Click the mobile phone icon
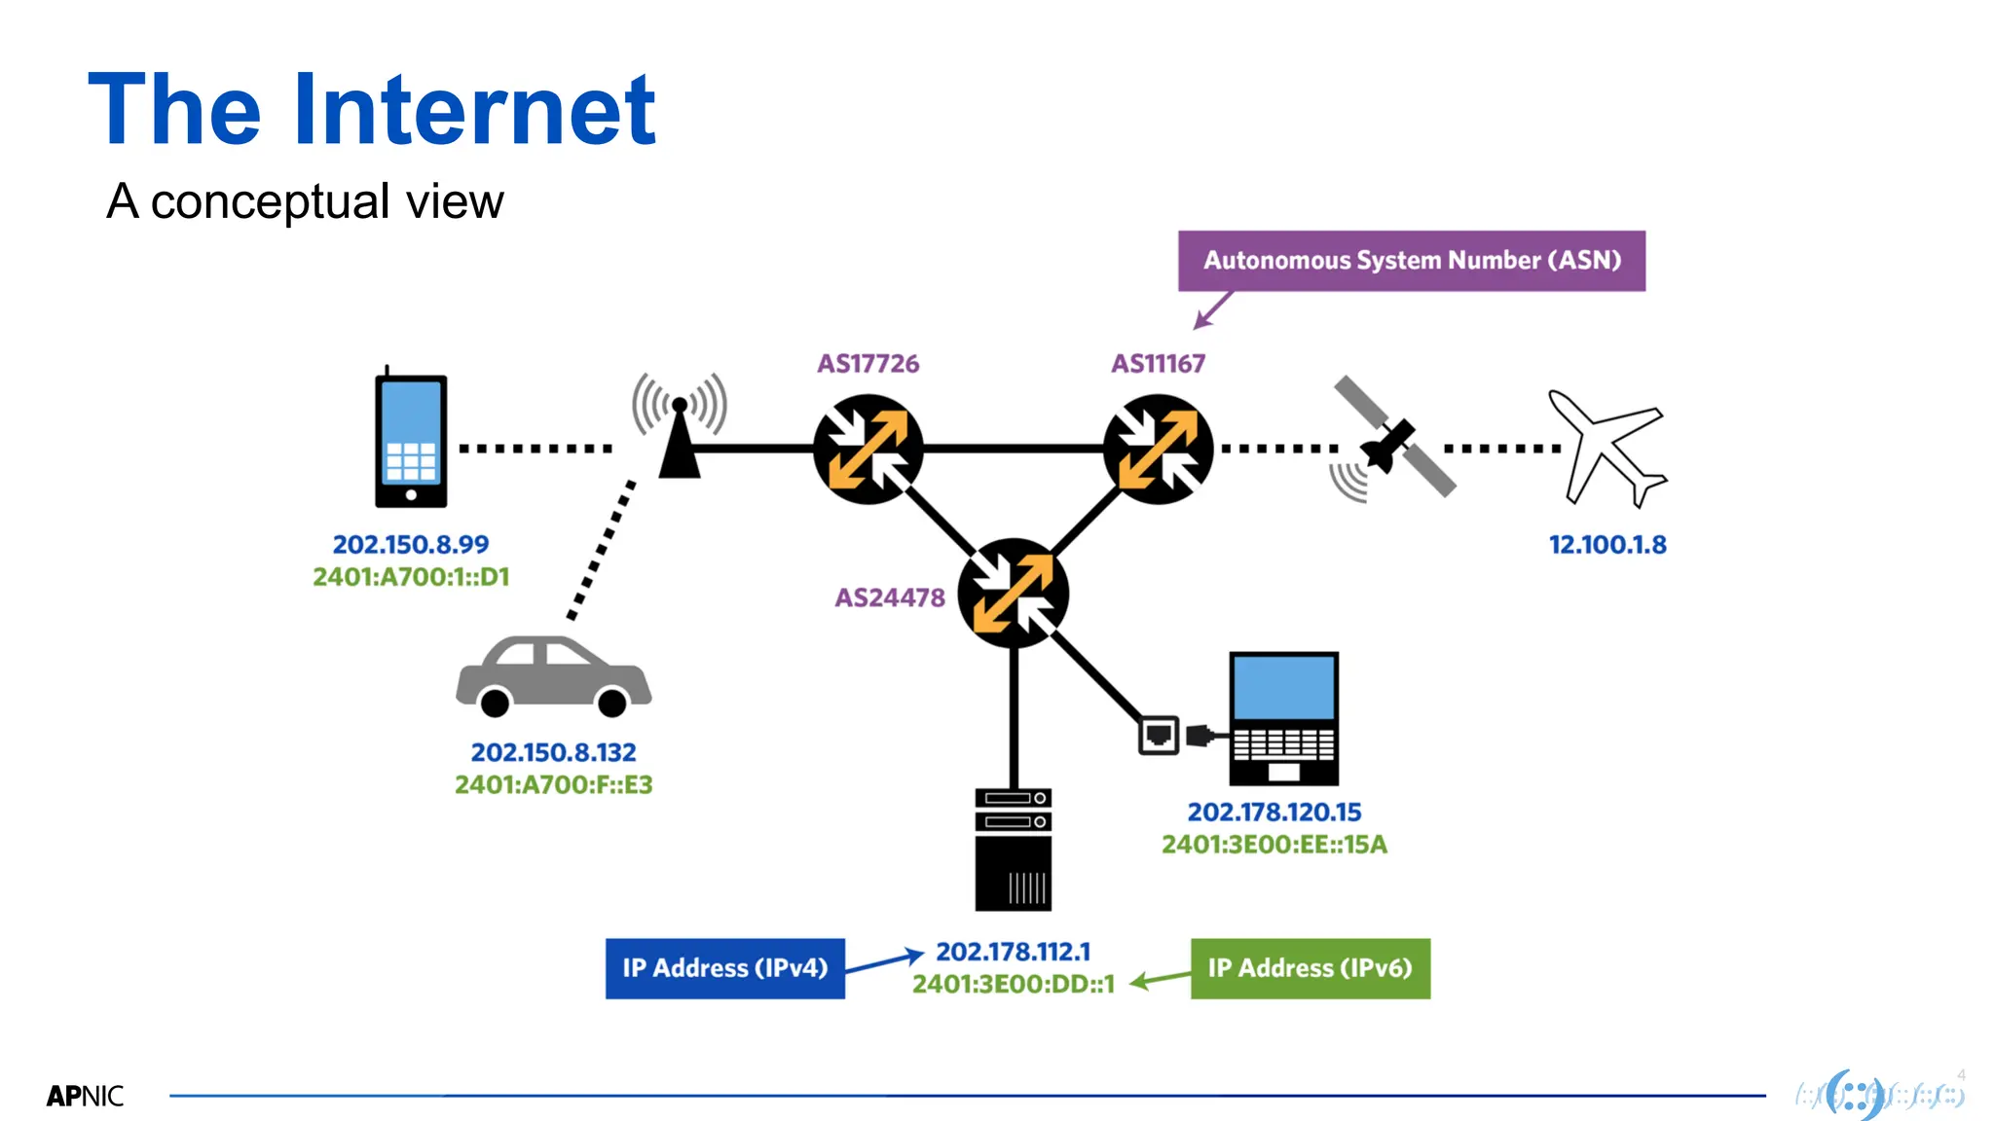411,441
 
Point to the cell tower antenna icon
680,428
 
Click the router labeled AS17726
868,449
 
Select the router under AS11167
1158,449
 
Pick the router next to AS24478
1013,593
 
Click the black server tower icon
1013,850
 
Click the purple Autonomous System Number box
1411,261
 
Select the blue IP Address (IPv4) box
724,968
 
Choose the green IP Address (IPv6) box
1310,968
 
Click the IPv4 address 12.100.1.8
1607,545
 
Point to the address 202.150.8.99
411,544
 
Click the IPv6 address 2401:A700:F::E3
553,784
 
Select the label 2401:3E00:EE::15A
1274,844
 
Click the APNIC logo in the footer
85,1096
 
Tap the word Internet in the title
474,110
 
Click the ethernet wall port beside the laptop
1159,736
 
